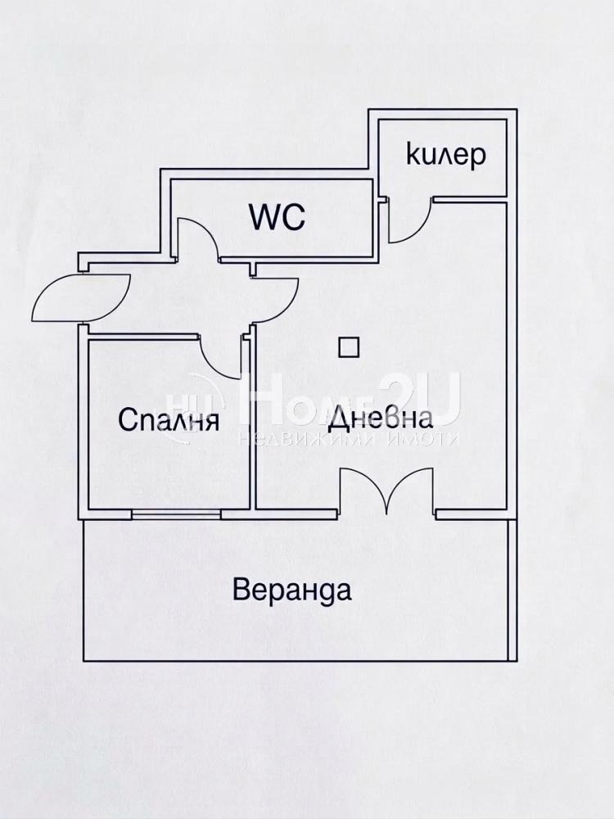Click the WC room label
click(x=277, y=217)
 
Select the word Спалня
click(x=169, y=420)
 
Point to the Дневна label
click(x=380, y=419)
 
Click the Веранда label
click(x=292, y=590)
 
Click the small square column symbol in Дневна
click(x=350, y=346)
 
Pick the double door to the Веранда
click(x=386, y=491)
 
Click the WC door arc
click(x=199, y=238)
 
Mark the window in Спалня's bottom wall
click(x=177, y=514)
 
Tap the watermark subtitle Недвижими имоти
click(x=348, y=439)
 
